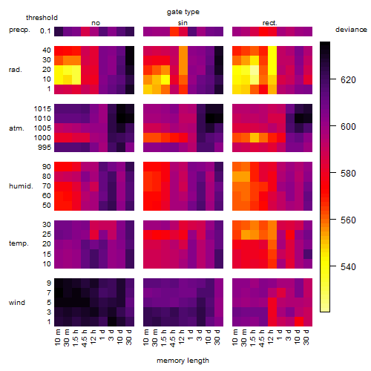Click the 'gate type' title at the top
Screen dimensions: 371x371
[x=183, y=12]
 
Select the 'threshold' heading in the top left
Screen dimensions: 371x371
[x=42, y=18]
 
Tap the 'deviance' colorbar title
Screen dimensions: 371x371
[x=351, y=30]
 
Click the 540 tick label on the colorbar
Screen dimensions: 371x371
[x=348, y=267]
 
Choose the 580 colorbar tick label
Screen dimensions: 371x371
[x=348, y=174]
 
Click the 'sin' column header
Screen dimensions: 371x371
[x=183, y=23]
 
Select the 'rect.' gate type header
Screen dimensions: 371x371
[x=270, y=23]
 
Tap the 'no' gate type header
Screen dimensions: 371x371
[x=96, y=23]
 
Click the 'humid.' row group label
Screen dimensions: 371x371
[x=21, y=186]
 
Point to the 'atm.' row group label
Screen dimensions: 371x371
[x=16, y=128]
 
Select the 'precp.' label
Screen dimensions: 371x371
[x=19, y=30]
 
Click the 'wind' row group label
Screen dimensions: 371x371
[x=17, y=303]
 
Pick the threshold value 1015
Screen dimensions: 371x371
[x=42, y=109]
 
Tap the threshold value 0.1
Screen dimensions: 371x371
[x=45, y=31]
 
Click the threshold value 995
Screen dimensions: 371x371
[x=45, y=148]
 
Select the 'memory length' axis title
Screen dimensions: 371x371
[x=183, y=361]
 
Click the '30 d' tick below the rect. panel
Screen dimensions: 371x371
[x=306, y=337]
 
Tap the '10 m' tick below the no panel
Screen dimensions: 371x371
[x=57, y=338]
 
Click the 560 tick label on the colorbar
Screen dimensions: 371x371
[x=348, y=220]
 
